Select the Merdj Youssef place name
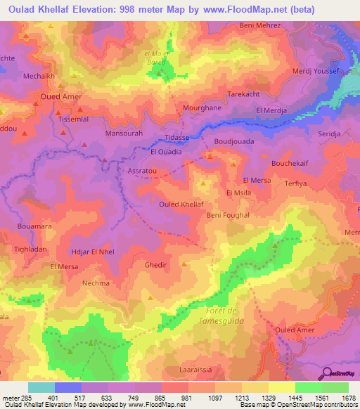pyautogui.click(x=315, y=72)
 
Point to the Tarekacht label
pyautogui.click(x=245, y=93)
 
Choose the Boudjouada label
pyautogui.click(x=233, y=141)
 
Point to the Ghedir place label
pyautogui.click(x=155, y=265)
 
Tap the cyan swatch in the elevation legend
pyautogui.click(x=41, y=387)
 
